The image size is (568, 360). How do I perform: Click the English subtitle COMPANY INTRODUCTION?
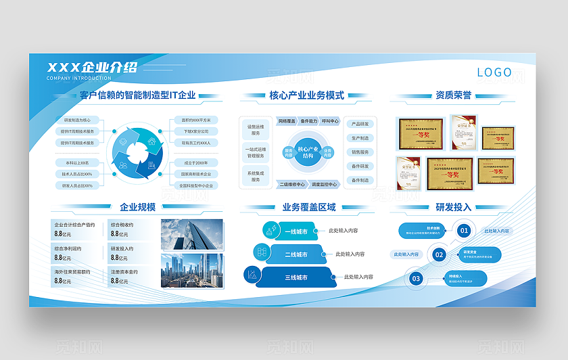[79, 78]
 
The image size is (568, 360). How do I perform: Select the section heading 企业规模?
[137, 207]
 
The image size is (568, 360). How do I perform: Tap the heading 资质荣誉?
[453, 95]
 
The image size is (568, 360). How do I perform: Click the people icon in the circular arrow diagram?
[123, 163]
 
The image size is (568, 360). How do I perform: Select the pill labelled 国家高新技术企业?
[197, 174]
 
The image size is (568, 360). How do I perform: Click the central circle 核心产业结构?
[308, 152]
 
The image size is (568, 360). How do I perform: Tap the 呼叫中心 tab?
[330, 121]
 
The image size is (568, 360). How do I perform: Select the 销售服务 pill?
[360, 152]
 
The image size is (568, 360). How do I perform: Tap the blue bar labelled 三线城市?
[296, 277]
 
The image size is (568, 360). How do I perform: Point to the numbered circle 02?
[440, 255]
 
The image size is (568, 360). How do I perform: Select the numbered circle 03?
[416, 278]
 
